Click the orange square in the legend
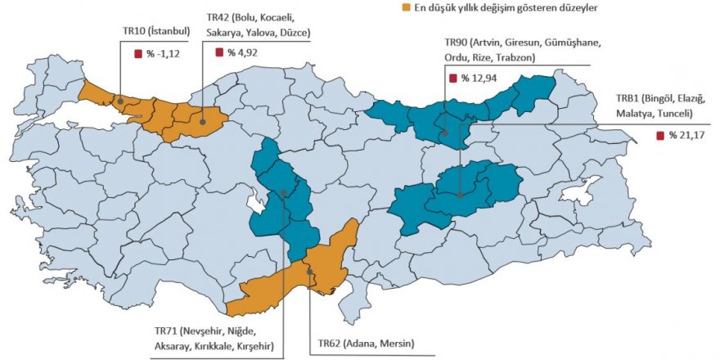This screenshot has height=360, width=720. (405, 8)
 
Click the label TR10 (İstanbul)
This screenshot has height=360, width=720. (156, 32)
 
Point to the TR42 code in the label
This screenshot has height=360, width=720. (218, 16)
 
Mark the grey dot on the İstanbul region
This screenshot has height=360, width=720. (120, 101)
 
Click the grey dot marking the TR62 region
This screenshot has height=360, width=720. (310, 271)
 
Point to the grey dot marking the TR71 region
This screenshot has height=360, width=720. (283, 194)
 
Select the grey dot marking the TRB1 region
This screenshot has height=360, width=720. (461, 195)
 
